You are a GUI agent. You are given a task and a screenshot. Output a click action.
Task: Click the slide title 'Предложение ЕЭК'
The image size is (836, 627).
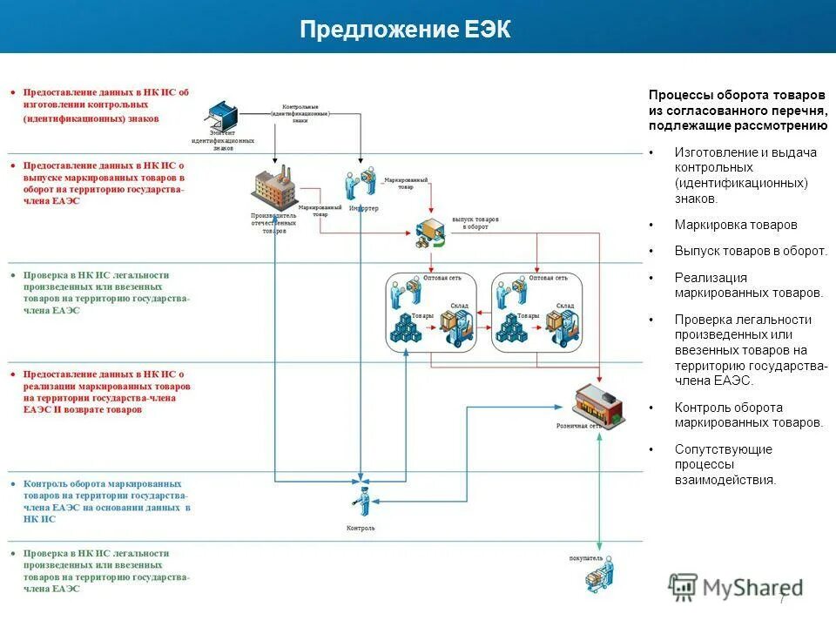coord(405,30)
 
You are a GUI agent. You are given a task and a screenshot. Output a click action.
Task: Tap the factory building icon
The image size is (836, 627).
coord(274,188)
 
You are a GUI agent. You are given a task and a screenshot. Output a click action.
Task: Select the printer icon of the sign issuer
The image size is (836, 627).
coord(222,116)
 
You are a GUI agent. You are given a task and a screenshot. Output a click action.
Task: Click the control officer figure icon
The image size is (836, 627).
coord(361,500)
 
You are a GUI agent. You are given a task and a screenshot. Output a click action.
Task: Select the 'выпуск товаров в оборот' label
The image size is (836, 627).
coord(475,224)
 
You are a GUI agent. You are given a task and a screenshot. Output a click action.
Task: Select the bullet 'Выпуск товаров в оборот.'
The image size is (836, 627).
coord(750,251)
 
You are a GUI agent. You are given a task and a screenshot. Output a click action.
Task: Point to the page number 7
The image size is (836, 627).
coord(782,599)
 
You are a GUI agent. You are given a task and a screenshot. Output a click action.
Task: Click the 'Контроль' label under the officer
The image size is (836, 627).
coord(361,529)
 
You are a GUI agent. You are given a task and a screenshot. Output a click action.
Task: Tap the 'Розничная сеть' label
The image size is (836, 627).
coord(579,427)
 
